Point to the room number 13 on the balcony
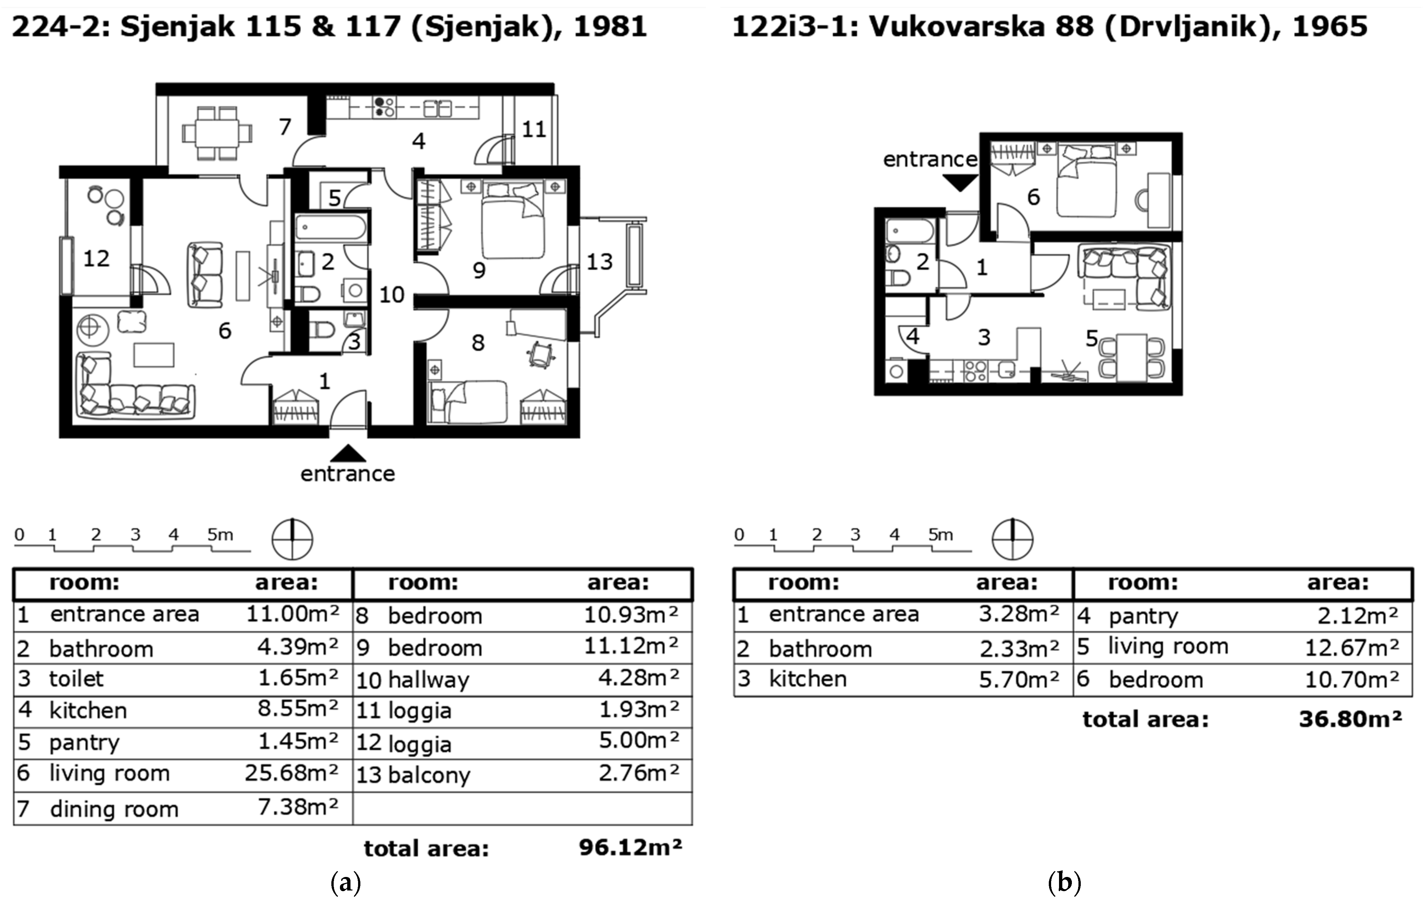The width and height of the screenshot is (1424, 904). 599,261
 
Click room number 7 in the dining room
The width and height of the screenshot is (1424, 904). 285,127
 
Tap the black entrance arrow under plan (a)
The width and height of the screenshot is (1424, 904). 348,453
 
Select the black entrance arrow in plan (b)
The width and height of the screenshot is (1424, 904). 960,182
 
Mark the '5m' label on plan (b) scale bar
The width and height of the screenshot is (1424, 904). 940,534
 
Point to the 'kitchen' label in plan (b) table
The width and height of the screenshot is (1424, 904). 808,679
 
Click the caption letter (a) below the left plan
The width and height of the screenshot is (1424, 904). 346,883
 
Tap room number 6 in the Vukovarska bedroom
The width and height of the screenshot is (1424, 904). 1033,197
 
